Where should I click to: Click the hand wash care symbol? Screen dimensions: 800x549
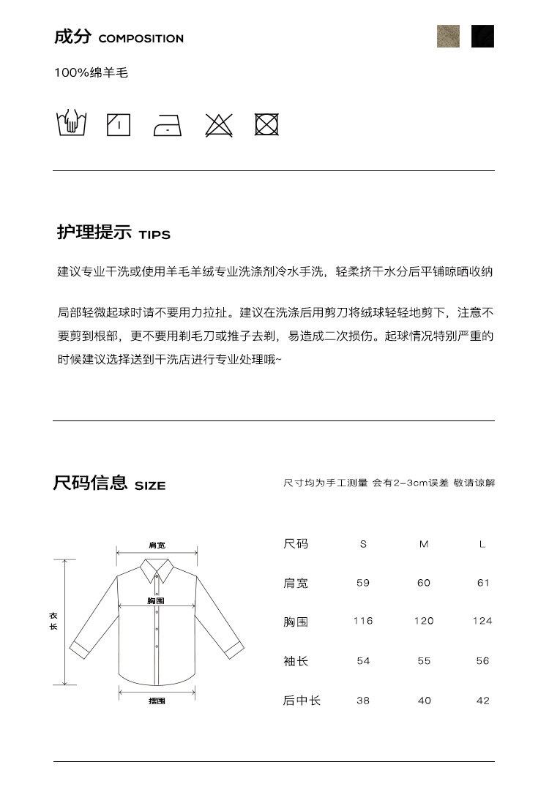(71, 124)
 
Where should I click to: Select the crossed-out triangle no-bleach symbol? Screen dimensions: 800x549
(218, 125)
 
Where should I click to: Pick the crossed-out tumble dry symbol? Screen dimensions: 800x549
(266, 124)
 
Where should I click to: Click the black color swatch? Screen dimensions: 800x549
(482, 36)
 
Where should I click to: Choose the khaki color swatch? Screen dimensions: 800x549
(448, 36)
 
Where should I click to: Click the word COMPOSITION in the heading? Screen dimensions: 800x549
(141, 39)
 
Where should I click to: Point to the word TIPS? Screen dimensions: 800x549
(154, 235)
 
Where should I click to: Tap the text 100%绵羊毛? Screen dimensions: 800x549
(91, 73)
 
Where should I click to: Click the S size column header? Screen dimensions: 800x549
(363, 544)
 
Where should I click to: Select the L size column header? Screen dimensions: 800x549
(482, 544)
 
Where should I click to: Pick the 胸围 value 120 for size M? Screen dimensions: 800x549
(424, 621)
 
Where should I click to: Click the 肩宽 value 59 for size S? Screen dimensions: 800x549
(363, 583)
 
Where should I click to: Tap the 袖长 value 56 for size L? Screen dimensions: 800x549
(482, 660)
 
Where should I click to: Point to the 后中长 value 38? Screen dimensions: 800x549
(363, 701)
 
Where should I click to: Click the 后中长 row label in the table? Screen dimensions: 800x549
(302, 701)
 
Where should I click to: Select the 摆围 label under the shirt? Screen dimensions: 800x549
(157, 701)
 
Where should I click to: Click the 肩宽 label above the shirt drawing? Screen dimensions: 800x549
(157, 546)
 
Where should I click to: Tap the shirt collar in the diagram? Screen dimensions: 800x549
(157, 569)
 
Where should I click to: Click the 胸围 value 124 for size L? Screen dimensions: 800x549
(482, 621)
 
